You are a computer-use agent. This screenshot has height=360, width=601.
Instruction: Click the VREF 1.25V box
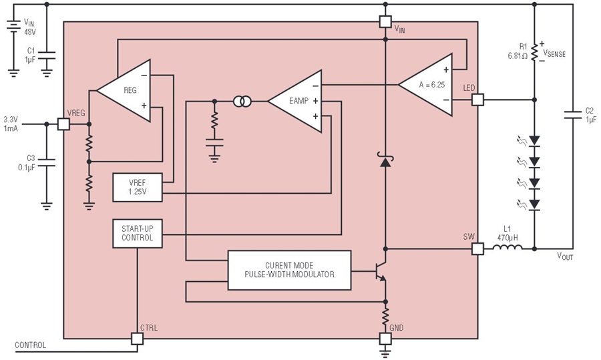138,188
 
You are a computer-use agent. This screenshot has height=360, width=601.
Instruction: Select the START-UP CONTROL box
138,234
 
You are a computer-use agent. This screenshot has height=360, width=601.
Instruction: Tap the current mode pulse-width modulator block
289,271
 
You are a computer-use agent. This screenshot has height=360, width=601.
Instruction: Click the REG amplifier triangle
124,91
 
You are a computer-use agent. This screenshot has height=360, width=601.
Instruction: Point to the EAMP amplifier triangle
294,102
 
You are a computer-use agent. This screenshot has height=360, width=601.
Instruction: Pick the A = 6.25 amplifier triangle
425,85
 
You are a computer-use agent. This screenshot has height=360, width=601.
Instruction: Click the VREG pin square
63,124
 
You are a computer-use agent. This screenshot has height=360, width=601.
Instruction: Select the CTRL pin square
137,339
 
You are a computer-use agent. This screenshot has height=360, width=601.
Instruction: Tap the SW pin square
477,249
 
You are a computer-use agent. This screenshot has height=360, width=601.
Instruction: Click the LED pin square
477,100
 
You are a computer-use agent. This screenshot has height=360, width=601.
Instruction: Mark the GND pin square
385,339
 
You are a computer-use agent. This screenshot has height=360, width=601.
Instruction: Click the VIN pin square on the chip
385,21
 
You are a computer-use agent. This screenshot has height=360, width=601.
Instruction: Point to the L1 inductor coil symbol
508,248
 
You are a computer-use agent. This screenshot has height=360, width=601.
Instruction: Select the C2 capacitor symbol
573,115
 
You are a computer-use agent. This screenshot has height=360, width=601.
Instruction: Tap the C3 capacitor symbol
47,162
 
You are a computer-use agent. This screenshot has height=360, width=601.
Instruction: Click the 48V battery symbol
13,27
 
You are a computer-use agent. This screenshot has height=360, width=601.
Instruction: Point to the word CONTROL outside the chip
30,345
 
